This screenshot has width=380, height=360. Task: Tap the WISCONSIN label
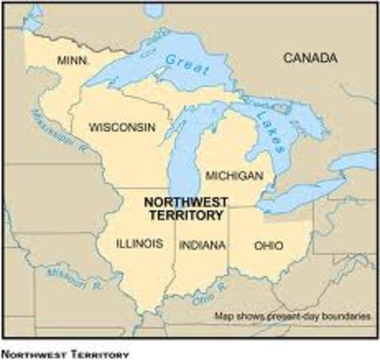coord(122,127)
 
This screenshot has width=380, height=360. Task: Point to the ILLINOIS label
coord(140,244)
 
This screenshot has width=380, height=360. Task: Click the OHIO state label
coord(268,244)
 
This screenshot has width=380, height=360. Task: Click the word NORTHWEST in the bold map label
coord(183,202)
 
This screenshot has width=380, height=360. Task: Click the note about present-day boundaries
coord(293,316)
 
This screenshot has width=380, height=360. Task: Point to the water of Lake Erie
coord(293,197)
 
